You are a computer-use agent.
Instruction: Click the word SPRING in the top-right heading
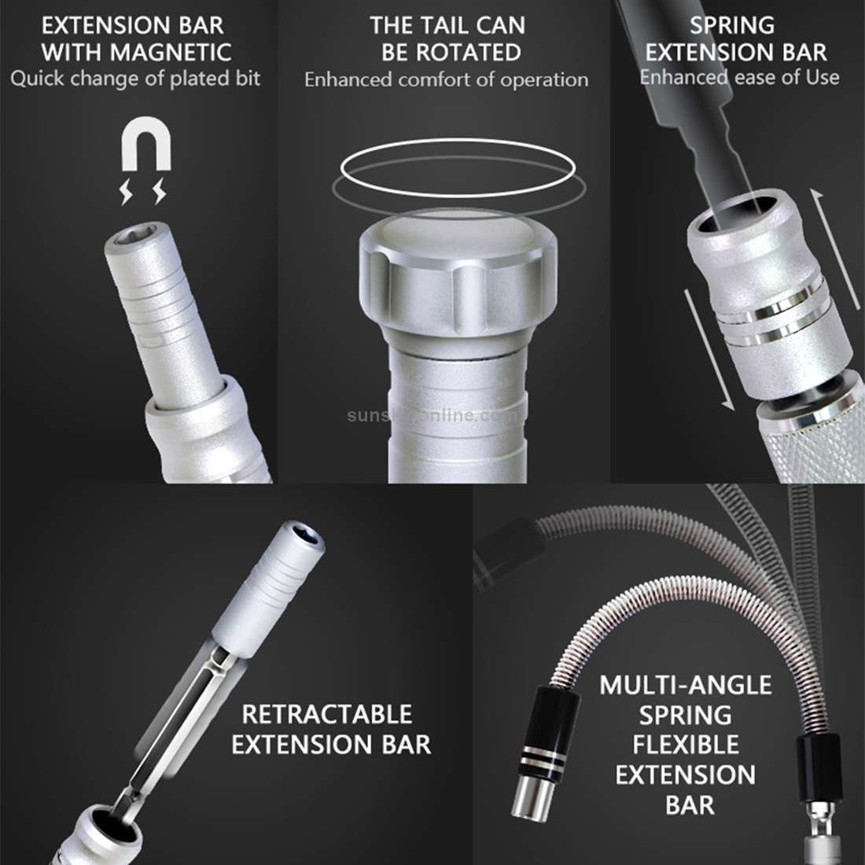731,25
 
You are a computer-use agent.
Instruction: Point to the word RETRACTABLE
327,714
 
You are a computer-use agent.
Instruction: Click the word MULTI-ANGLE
686,685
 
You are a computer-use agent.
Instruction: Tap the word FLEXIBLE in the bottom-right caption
686,744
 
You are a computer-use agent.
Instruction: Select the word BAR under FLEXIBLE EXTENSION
690,804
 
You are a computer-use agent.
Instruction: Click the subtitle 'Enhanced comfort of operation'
446,79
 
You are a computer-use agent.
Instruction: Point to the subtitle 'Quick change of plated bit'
135,79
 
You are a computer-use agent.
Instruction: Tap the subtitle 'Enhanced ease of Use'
738,77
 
